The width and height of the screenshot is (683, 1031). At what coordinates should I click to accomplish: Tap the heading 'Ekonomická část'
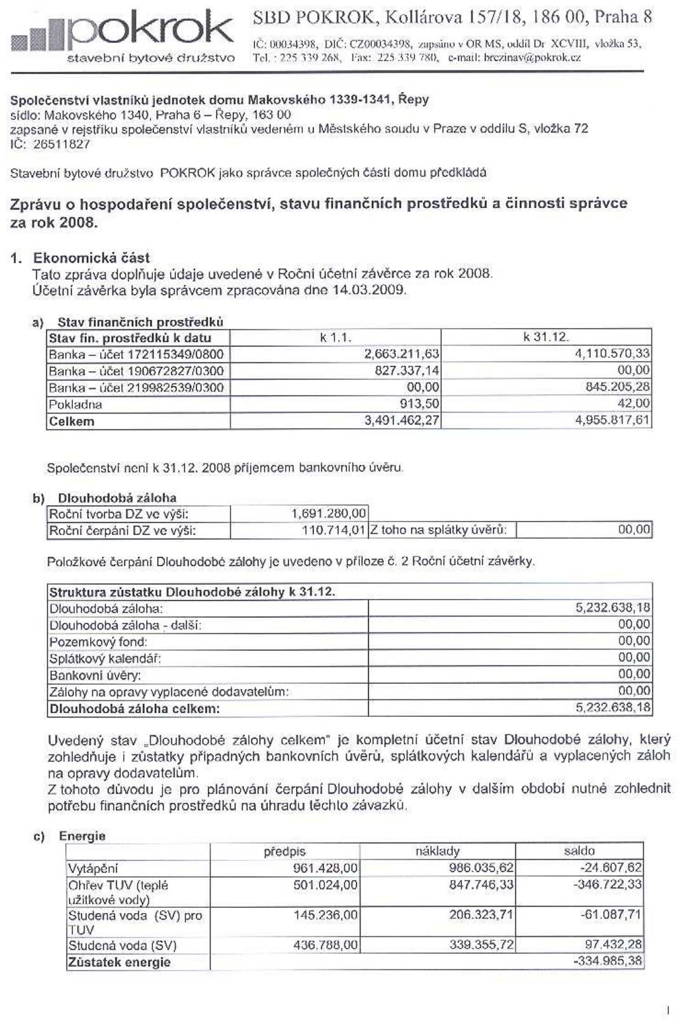coord(91,258)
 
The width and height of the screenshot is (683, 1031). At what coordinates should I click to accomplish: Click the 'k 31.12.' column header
coord(546,338)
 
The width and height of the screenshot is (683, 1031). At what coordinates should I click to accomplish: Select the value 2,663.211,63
coord(401,354)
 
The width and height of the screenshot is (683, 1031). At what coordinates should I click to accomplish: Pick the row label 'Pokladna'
coord(76,404)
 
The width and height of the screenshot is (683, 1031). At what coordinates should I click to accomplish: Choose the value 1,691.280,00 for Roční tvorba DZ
coord(329,513)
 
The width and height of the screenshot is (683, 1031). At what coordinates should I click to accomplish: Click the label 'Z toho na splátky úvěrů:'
coord(439,530)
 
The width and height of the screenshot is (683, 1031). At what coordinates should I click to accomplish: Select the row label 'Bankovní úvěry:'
coord(95,675)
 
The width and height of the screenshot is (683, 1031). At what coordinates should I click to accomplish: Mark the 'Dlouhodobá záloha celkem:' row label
coord(135,709)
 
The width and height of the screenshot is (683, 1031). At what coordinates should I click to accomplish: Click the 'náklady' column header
coord(437,851)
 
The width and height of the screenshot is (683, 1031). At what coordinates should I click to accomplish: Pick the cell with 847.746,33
coord(481,884)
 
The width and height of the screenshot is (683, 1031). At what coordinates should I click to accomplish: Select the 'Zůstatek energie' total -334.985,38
coord(607,962)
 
